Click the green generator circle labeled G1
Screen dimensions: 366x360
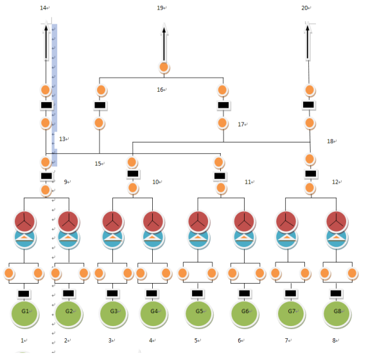[24, 313]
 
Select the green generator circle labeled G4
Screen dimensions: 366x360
[153, 313]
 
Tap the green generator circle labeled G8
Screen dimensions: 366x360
[336, 313]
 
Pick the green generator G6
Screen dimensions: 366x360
[245, 313]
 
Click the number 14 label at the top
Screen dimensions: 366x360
[43, 8]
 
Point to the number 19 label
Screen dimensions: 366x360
[160, 8]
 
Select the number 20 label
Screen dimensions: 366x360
[304, 8]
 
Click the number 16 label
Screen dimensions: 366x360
[160, 90]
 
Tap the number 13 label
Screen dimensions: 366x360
[62, 139]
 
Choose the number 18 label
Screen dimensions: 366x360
[330, 141]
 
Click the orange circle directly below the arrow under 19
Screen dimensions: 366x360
[164, 67]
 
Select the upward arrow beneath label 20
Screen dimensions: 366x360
[308, 42]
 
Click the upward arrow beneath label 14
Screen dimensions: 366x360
[46, 42]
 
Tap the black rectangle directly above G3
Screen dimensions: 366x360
[112, 293]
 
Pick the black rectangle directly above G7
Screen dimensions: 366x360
[291, 293]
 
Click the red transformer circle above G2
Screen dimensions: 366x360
[68, 221]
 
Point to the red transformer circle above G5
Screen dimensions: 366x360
[198, 221]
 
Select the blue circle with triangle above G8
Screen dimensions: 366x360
[336, 239]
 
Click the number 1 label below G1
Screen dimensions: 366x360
[22, 341]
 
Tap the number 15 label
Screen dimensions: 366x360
[98, 164]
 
